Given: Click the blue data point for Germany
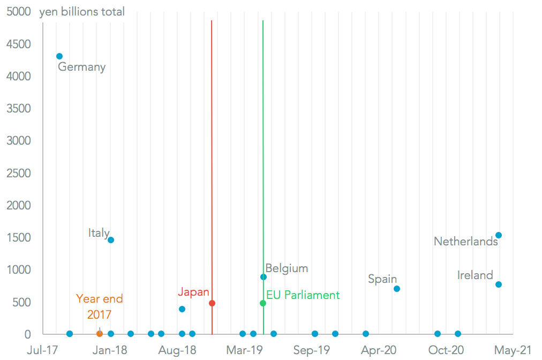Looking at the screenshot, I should click(59, 56).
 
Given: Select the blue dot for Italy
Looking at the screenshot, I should click(111, 240).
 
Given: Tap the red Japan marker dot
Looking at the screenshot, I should click(212, 303).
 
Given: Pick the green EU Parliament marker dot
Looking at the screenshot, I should click(263, 303).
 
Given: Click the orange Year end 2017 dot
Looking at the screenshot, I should click(100, 334).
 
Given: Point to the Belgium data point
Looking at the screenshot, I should click(264, 277).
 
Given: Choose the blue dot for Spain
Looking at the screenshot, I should click(397, 289).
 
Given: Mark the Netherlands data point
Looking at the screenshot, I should click(499, 235).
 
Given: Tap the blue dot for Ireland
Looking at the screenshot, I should click(499, 284).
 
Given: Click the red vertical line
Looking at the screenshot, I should click(212, 161).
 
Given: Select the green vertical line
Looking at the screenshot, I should click(263, 161).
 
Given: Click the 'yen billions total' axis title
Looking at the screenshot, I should click(82, 11).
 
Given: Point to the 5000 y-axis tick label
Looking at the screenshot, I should click(19, 11).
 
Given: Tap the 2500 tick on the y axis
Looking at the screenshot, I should click(19, 173).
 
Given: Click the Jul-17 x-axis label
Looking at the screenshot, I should click(42, 350).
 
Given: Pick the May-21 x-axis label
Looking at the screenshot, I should click(513, 350).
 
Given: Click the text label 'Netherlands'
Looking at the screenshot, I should click(465, 242).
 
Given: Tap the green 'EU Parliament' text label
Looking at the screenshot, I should click(303, 295).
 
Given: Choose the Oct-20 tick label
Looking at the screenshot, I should click(446, 350).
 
